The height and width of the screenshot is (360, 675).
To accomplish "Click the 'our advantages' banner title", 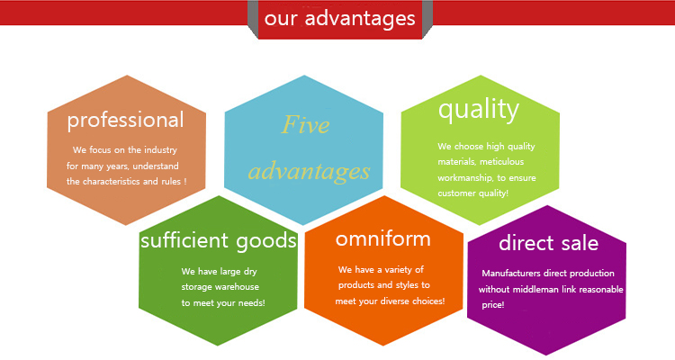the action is coord(339,19).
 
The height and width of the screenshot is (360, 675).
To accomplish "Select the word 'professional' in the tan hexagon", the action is coord(125,121).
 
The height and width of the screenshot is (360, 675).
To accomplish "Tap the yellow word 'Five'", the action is coord(305,124).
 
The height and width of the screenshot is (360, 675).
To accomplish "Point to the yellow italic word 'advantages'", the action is coord(309,172).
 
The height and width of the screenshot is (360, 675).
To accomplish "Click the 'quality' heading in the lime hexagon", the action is coord(479,110).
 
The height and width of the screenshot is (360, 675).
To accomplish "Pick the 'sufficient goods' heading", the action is coord(219,240).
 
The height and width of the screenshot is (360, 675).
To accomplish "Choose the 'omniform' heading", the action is coord(383,239).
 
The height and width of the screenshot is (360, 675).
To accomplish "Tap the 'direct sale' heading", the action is coord(548,243).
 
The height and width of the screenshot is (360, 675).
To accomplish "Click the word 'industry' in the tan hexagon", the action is coord(160,150).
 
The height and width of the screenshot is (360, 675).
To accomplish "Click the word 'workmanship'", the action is coord(465,178).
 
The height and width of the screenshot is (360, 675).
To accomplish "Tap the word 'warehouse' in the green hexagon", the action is coord(238,287).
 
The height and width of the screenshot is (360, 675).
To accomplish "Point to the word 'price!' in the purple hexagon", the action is coord(493,305).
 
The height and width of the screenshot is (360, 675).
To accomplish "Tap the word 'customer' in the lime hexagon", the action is coord(456,193).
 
